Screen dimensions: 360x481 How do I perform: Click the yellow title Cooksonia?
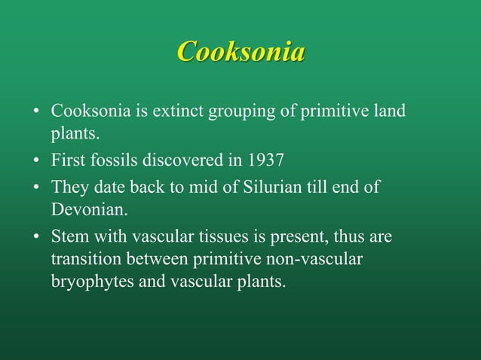[x=240, y=52]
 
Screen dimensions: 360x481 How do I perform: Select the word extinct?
[x=179, y=112]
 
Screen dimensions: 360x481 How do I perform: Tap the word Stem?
[x=67, y=236]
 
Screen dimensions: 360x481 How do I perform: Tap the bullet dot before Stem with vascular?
[x=35, y=236]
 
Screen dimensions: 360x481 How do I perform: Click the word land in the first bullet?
[x=390, y=112]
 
